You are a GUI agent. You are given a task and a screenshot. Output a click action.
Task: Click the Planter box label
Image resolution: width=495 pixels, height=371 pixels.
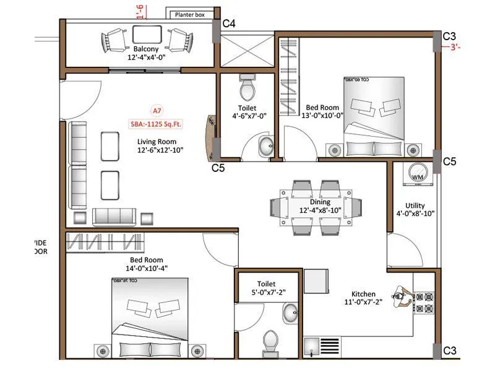191,14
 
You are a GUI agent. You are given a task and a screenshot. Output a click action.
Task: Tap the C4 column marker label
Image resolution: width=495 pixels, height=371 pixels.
228,23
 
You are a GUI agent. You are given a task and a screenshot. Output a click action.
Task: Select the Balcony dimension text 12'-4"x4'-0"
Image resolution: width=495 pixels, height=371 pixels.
145,58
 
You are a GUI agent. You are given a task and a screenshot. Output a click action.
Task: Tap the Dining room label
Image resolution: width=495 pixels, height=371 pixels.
321,202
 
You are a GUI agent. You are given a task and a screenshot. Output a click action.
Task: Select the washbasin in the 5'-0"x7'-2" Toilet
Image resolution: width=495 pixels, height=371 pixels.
290,313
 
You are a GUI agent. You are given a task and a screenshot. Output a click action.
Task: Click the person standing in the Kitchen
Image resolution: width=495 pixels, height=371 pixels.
403,297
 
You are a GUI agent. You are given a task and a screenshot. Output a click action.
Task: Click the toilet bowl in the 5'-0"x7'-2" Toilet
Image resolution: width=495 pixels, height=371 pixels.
270,341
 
